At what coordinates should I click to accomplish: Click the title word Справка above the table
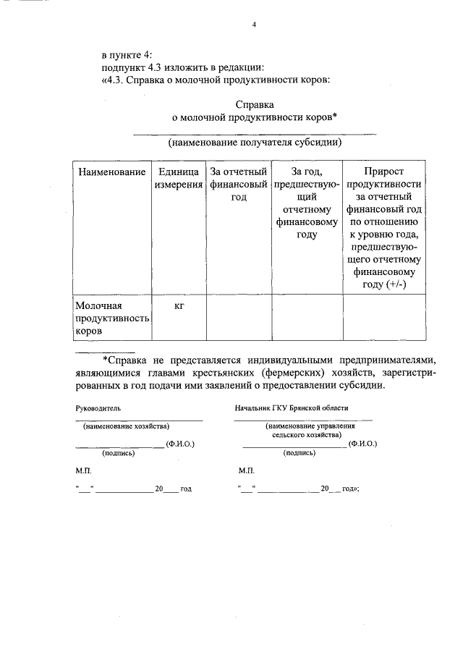(x=255, y=105)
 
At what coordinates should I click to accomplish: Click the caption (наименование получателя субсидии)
(x=255, y=143)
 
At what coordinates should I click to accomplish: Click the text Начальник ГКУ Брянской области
(x=292, y=408)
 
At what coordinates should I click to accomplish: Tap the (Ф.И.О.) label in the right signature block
(x=362, y=443)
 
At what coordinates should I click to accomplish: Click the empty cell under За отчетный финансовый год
(x=239, y=318)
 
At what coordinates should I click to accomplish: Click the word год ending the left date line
(x=186, y=489)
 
